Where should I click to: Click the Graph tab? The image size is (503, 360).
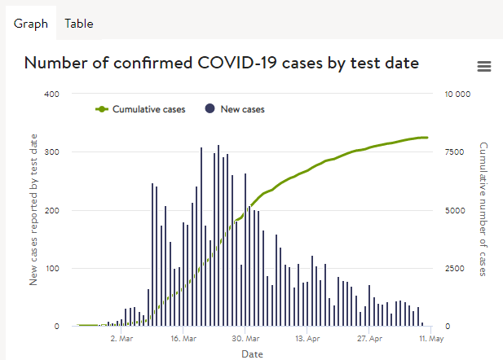point(31,24)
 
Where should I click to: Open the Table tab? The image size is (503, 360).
point(79,24)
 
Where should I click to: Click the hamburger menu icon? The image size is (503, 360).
point(484,66)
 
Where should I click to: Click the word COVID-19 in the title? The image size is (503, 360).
point(236,63)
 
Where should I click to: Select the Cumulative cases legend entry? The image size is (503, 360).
point(140,109)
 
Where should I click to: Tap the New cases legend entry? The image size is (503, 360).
point(235,109)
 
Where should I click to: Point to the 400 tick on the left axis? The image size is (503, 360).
point(51,94)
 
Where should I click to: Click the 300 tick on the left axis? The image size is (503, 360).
point(51,152)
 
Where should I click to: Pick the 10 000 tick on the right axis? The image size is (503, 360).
point(457,94)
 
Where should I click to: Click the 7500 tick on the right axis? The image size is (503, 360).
point(455,152)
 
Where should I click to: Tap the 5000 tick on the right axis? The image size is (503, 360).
point(455,211)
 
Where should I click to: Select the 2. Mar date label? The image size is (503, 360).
point(121,339)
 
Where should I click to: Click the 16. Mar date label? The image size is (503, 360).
point(183,339)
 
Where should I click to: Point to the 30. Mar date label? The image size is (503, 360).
point(245,339)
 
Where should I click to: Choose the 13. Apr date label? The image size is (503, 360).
point(307,339)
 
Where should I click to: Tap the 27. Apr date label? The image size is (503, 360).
point(369,339)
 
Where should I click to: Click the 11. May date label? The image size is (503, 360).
point(431,339)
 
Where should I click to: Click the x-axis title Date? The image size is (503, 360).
point(252,354)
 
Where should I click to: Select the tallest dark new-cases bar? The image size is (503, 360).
point(218,235)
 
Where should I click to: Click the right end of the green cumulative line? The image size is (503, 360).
point(427,138)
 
